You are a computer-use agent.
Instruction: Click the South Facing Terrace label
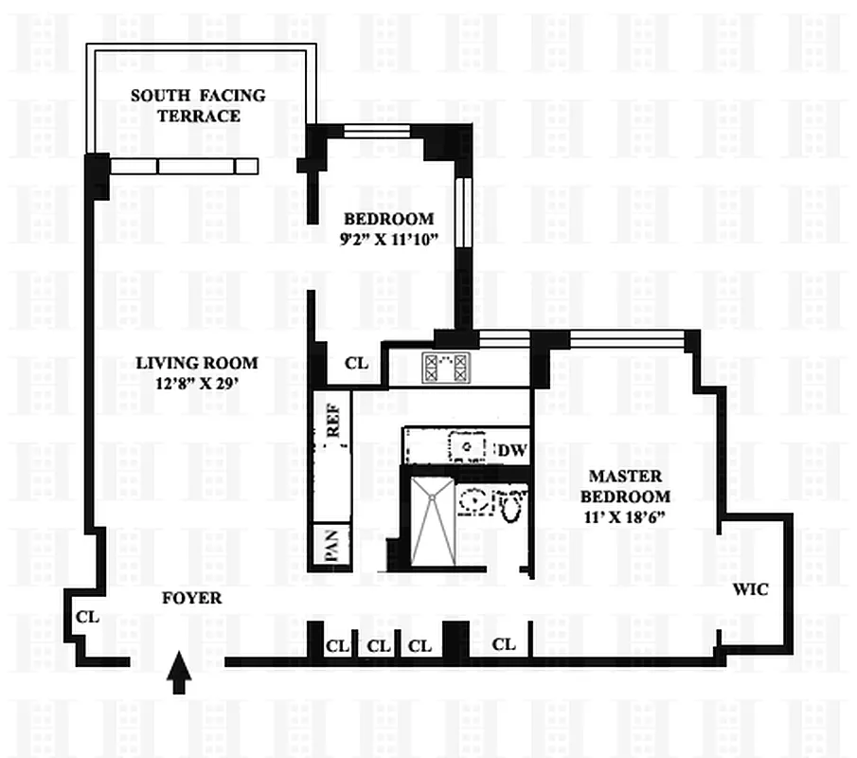(x=198, y=105)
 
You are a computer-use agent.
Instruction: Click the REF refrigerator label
(x=333, y=417)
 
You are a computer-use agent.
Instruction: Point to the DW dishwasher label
(x=511, y=450)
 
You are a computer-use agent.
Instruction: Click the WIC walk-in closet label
(x=751, y=589)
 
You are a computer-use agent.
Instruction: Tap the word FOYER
(x=192, y=598)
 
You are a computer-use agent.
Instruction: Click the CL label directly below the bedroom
(x=357, y=363)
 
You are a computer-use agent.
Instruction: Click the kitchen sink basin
(x=466, y=444)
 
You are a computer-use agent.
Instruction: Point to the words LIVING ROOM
(x=196, y=363)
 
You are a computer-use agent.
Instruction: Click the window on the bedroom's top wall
(x=377, y=132)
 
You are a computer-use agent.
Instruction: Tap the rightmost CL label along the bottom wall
(x=504, y=644)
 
